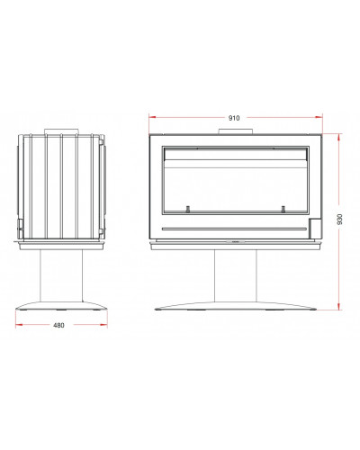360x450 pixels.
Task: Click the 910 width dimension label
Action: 234,118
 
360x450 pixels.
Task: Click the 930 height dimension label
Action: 339,220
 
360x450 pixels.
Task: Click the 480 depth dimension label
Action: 58,325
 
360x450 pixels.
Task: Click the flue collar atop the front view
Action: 235,131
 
